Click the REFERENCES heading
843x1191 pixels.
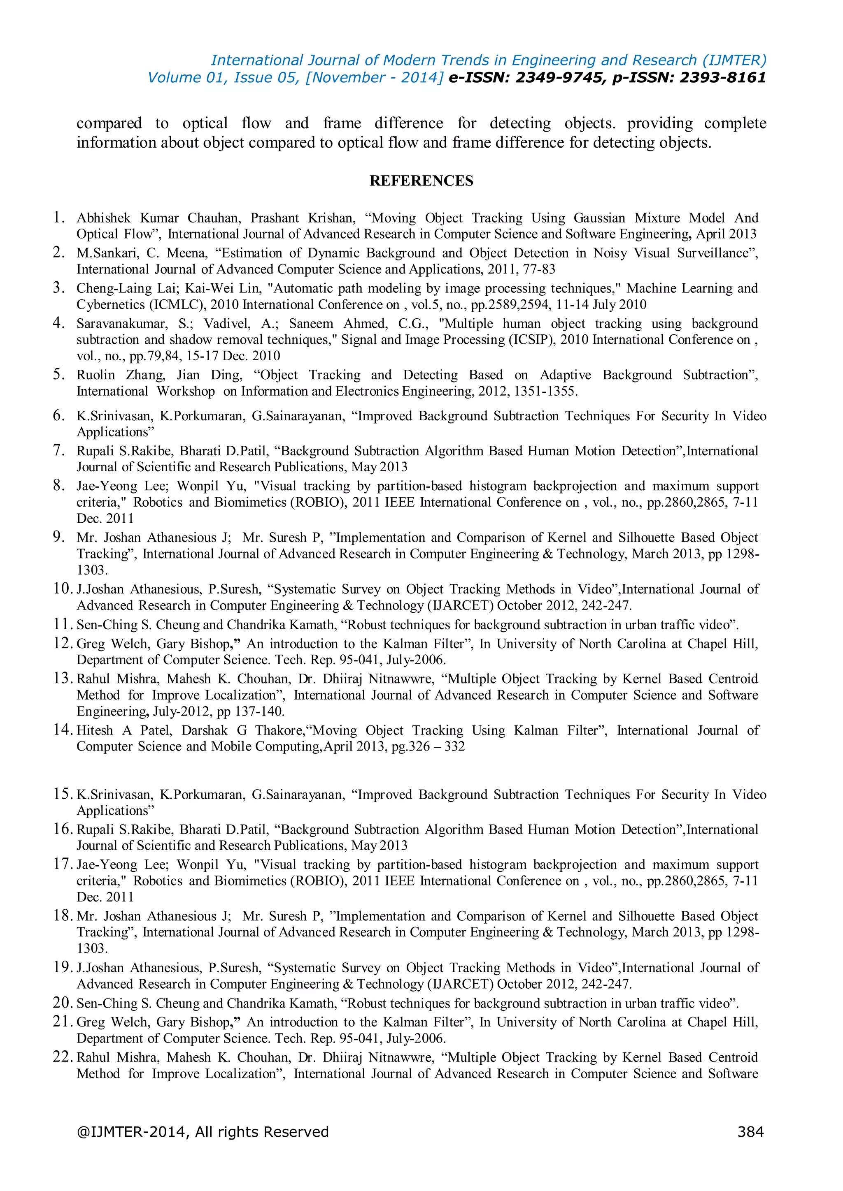pos(421,181)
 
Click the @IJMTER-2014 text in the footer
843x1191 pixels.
pos(133,1131)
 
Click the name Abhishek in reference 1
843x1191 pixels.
pos(103,218)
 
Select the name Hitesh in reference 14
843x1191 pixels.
pos(95,730)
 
